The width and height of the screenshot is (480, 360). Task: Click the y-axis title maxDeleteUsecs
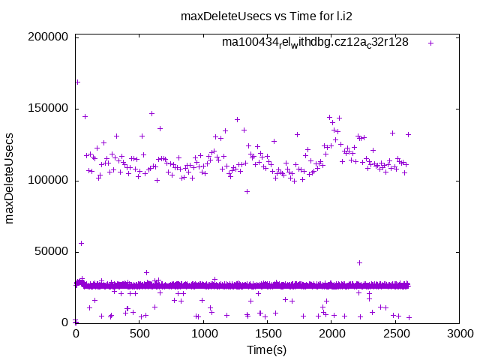click(10, 179)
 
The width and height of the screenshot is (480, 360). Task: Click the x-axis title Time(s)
click(267, 349)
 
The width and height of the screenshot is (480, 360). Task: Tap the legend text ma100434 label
click(315, 42)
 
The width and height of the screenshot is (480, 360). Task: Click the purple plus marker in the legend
click(430, 43)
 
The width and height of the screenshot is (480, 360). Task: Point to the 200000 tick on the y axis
click(47, 37)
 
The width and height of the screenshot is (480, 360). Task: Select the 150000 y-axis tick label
click(47, 109)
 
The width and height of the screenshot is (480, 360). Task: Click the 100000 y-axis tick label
click(47, 180)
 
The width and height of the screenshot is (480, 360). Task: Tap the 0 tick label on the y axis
click(66, 322)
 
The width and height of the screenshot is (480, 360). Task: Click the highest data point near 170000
click(77, 82)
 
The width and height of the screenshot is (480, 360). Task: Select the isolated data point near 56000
click(82, 243)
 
